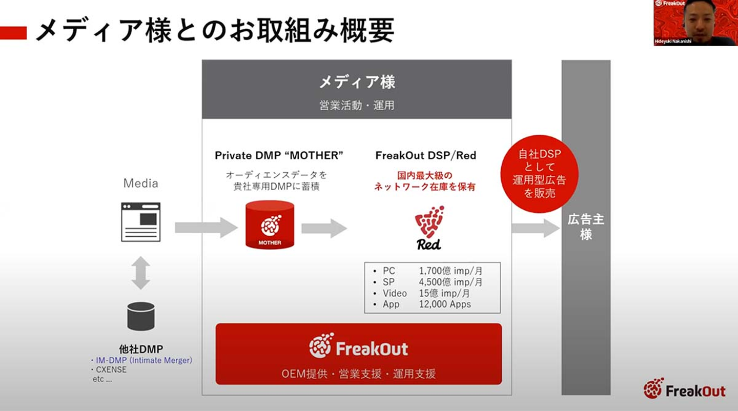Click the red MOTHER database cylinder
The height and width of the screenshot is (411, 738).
270,225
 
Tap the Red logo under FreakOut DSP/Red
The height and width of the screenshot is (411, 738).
429,228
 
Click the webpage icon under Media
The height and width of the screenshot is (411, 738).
140,222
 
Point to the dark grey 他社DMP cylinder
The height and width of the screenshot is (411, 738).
140,316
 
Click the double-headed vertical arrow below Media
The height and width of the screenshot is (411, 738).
140,273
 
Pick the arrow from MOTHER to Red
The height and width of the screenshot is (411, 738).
324,228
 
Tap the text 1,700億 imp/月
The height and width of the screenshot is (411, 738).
450,271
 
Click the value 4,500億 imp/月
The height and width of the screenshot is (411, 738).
450,282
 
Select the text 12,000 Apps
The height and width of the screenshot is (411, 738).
444,304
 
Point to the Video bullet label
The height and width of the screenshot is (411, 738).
394,293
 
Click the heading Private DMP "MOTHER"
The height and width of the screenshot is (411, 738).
279,155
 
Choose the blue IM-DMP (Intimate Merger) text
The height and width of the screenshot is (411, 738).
143,360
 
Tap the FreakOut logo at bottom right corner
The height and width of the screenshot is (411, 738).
685,389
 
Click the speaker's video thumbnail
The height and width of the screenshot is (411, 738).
695,23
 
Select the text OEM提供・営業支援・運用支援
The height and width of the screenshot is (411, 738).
358,374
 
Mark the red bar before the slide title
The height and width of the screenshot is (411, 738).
13,33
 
